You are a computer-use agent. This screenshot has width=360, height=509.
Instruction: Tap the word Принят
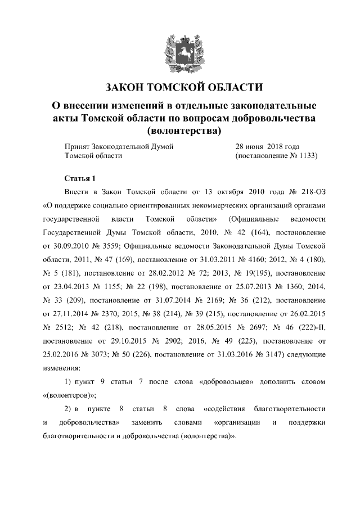coord(77,146)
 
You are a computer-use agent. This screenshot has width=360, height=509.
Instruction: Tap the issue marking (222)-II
coord(308,327)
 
